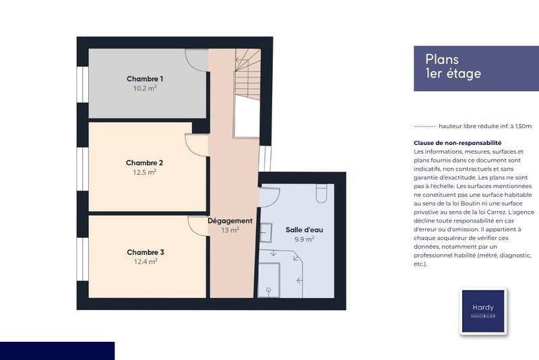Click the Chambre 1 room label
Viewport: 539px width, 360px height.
click(x=145, y=79)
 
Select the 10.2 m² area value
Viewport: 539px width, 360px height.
click(x=145, y=88)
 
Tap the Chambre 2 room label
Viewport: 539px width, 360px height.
click(x=145, y=162)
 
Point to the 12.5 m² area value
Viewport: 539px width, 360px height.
click(x=145, y=172)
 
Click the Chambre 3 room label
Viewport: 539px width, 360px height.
click(x=146, y=252)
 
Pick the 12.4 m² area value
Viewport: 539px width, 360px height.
click(x=146, y=262)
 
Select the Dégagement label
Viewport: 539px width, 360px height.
click(x=230, y=220)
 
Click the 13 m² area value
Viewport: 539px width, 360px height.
click(x=230, y=230)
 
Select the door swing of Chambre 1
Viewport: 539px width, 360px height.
click(x=197, y=59)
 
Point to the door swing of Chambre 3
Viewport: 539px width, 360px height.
click(x=198, y=226)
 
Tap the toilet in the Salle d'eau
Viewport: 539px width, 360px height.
click(x=321, y=194)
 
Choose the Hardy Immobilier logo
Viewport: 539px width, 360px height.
click(x=482, y=311)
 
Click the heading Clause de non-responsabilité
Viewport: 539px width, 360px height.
click(x=457, y=143)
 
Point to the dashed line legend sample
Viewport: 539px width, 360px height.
click(x=424, y=126)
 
